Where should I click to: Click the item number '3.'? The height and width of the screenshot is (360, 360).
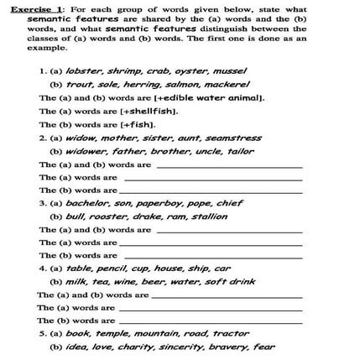(x=43, y=202)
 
